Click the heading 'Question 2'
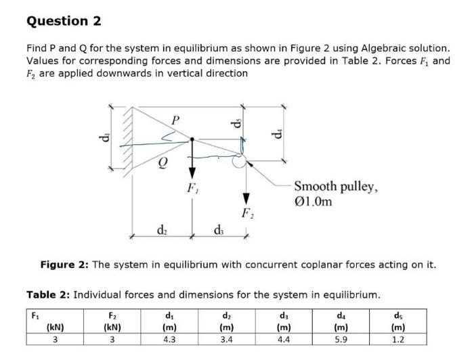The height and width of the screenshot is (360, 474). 64,21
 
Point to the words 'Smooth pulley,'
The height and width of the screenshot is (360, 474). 337,187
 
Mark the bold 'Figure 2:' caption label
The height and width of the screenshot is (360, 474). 64,265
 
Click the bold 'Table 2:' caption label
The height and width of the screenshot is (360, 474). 47,295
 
